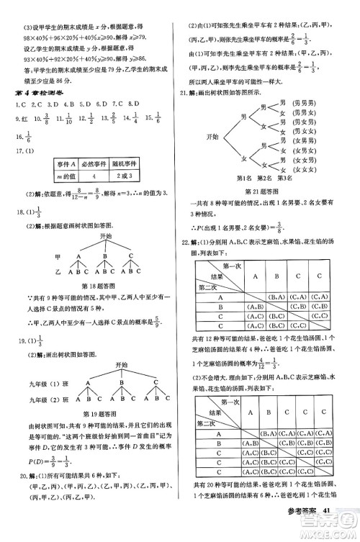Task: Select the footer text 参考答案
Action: (x=300, y=531)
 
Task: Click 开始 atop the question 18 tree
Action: (x=106, y=235)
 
